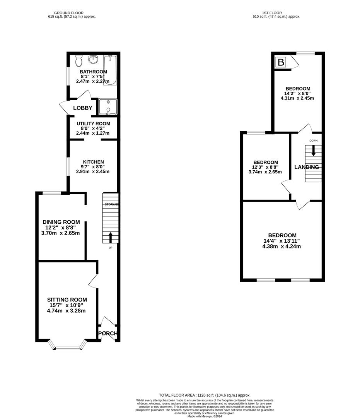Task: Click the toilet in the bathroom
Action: coord(79,60)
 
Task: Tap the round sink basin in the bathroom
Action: coord(93,60)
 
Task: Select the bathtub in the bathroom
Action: coord(110,70)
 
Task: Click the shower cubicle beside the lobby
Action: coord(108,106)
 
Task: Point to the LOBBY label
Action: coord(83,108)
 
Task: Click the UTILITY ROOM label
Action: coord(93,123)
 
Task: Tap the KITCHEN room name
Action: coord(93,162)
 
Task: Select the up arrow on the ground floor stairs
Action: coord(110,236)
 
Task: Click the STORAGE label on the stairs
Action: coord(111,204)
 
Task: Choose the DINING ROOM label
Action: coord(61,222)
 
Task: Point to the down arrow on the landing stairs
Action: coord(313,151)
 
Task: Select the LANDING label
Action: coord(307,167)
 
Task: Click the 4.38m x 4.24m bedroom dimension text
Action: coord(282,246)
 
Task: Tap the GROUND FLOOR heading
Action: coord(69,13)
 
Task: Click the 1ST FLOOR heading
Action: coord(270,13)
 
